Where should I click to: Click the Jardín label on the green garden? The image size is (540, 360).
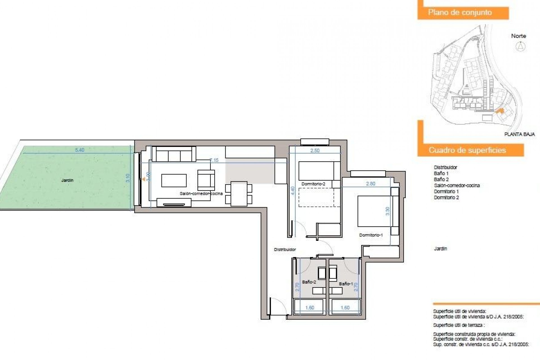click(67, 180)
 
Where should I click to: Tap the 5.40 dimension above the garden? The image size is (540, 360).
click(80, 150)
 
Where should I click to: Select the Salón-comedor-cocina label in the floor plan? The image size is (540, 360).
click(201, 193)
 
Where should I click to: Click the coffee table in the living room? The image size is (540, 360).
click(174, 181)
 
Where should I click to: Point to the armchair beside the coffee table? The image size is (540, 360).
click(206, 180)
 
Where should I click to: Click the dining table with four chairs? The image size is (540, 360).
click(239, 194)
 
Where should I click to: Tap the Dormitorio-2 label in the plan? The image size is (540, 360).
click(313, 184)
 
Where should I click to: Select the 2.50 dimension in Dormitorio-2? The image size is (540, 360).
click(315, 150)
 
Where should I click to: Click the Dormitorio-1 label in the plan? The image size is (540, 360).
click(371, 235)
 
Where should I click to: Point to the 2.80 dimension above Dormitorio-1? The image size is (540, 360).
click(371, 184)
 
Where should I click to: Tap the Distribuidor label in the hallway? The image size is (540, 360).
click(285, 249)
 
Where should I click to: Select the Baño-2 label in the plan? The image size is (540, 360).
click(309, 282)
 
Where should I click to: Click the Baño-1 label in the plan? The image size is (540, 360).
click(346, 284)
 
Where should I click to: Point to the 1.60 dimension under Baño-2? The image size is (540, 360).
click(310, 308)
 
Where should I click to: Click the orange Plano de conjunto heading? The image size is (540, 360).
click(463, 13)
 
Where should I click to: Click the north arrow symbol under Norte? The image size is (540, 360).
click(521, 46)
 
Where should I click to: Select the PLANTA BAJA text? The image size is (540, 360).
click(519, 134)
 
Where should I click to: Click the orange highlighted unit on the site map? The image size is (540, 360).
click(499, 112)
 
